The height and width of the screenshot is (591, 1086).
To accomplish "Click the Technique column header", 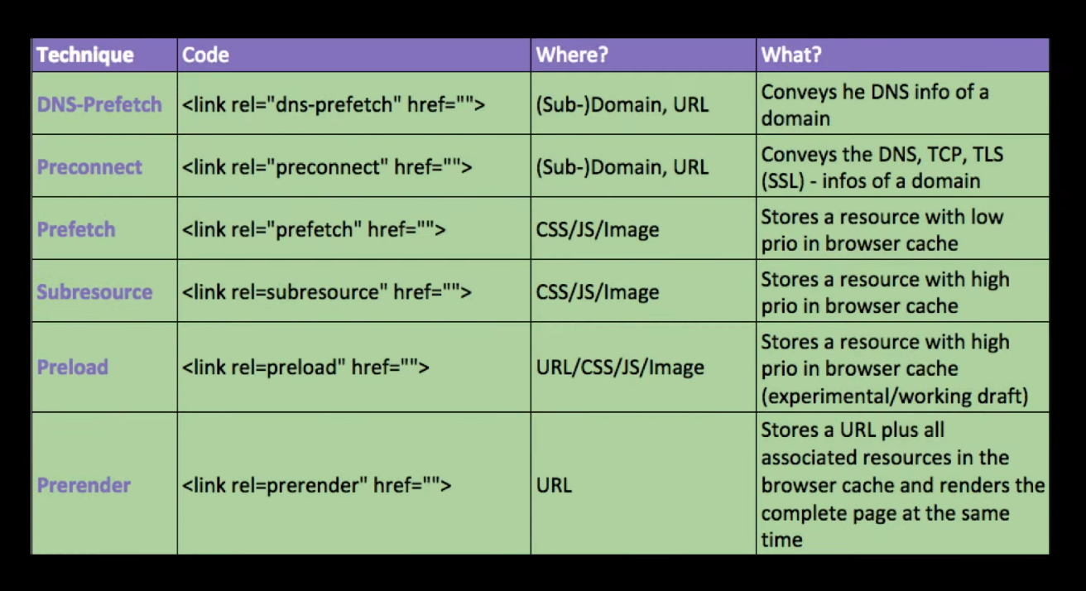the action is [84, 55].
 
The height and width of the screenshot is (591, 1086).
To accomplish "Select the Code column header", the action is [205, 55].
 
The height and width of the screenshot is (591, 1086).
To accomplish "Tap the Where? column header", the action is [572, 55].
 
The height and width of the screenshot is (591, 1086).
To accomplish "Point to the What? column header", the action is [791, 55].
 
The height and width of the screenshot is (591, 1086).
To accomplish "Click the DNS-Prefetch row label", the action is [99, 104].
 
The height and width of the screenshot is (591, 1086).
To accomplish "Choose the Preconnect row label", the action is [89, 166].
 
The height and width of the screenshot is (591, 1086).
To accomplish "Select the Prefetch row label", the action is [76, 229].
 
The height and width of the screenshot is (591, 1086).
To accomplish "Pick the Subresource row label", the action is [94, 292].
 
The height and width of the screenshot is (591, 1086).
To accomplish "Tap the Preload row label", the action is [73, 367].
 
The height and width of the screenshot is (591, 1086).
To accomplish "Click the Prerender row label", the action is [84, 485].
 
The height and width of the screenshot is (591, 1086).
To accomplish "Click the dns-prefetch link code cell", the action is [334, 104].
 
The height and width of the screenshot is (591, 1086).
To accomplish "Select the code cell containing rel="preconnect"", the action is [327, 166].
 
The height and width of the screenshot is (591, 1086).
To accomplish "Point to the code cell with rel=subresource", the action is [327, 292].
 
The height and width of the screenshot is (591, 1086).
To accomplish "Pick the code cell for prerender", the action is [316, 485].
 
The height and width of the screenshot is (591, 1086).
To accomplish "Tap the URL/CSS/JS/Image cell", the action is [620, 367].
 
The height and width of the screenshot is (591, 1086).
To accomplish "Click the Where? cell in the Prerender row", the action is [554, 485].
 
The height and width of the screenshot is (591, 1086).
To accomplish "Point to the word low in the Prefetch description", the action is [987, 217].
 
